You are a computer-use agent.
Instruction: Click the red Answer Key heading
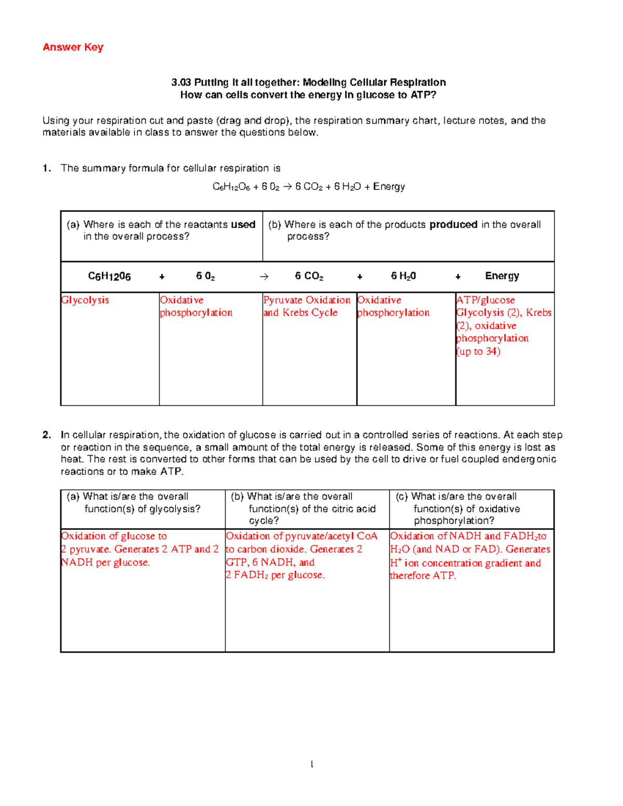coord(73,47)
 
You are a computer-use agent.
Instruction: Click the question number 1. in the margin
coord(47,168)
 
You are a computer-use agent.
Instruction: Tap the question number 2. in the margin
coord(47,435)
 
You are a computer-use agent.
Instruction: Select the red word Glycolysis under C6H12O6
coord(85,300)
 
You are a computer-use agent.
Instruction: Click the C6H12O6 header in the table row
coord(109,277)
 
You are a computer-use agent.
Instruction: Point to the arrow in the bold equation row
coord(264,277)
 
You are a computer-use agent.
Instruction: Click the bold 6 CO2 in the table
coord(309,276)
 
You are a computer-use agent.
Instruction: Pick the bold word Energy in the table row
coord(502,276)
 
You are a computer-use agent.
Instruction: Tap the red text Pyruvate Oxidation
coord(307,300)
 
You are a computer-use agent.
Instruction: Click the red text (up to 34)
coord(478,351)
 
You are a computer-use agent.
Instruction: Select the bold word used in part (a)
coord(243,225)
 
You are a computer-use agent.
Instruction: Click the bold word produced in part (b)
coord(453,225)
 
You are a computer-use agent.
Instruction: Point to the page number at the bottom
coord(311,764)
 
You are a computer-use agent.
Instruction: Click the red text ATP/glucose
coord(485,300)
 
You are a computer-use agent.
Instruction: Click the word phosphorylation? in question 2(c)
coord(454,521)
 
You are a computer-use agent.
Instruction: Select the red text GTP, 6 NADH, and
coord(270,562)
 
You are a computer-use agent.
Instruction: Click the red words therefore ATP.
coord(423,576)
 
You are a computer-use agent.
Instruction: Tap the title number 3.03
coord(181,83)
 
